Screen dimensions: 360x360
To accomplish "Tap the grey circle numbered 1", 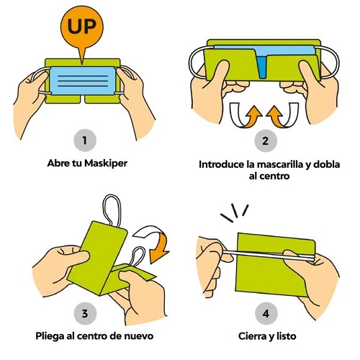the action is pyautogui.click(x=85, y=140).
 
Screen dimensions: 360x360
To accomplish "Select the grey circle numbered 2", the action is pyautogui.click(x=266, y=140).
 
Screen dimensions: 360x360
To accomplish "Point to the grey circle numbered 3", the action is pyautogui.click(x=85, y=313).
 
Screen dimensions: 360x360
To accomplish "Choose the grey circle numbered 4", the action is pyautogui.click(x=266, y=314).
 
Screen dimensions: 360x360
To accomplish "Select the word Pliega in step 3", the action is pyautogui.click(x=50, y=336).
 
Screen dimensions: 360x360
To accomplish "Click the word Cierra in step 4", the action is pyautogui.click(x=253, y=336).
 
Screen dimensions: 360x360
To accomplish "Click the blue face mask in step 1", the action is pyautogui.click(x=82, y=81).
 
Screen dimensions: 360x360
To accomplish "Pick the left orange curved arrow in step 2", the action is pyautogui.click(x=246, y=115).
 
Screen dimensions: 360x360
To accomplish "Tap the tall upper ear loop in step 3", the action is pyautogui.click(x=112, y=210).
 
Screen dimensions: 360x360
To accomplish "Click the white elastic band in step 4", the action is pyautogui.click(x=269, y=255).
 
